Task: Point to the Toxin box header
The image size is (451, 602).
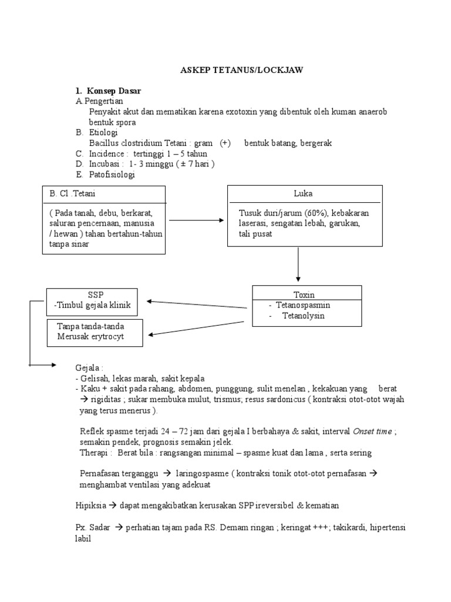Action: (x=304, y=295)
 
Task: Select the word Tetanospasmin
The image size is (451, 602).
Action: (x=302, y=306)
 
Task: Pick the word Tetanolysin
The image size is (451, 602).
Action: (x=303, y=316)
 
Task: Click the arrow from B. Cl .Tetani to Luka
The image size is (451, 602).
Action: (x=196, y=220)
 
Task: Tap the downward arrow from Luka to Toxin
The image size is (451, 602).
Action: (x=298, y=264)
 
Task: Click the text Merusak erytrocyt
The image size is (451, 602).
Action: (x=90, y=336)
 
